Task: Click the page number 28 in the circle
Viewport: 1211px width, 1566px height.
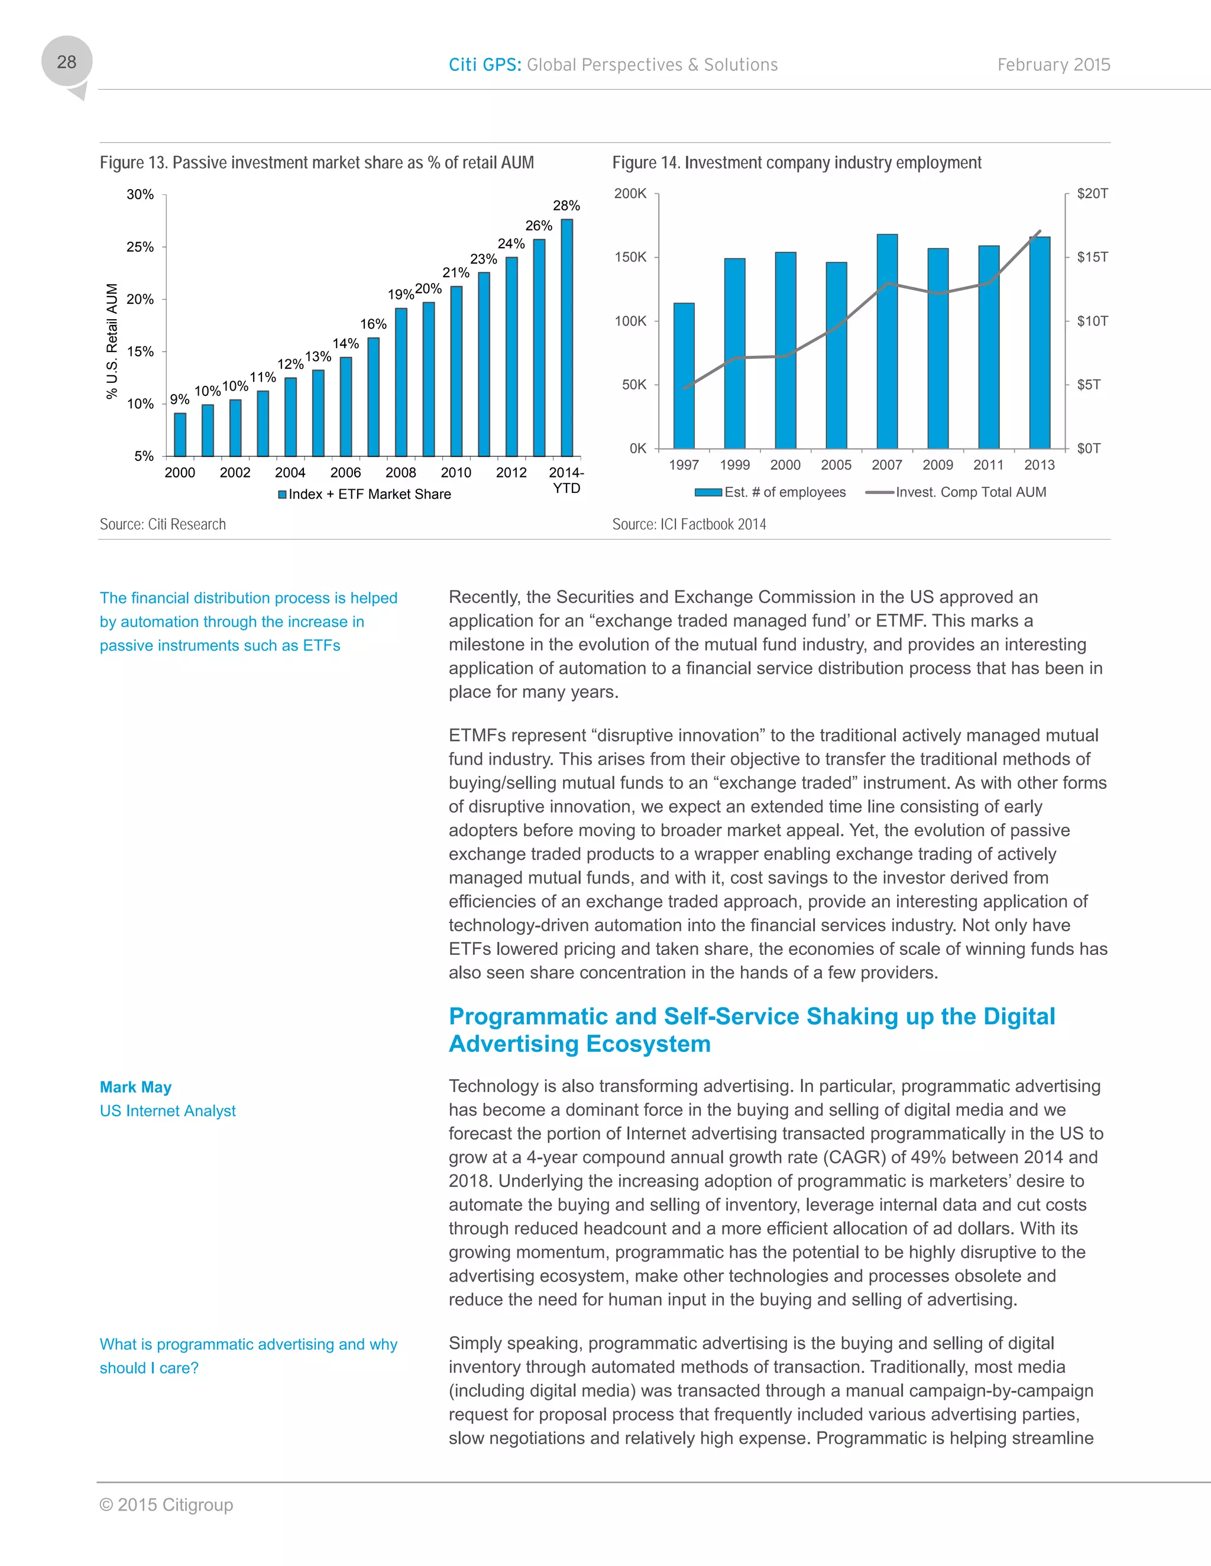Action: (67, 63)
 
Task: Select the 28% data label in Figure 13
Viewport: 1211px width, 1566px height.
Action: (566, 206)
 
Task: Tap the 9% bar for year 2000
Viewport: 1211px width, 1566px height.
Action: (180, 434)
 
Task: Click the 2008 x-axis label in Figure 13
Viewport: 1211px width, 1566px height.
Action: (400, 473)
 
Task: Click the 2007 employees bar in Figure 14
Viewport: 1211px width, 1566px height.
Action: (887, 342)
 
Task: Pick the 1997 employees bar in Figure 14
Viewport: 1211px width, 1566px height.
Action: (684, 376)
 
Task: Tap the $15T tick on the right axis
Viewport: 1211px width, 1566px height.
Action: (1092, 256)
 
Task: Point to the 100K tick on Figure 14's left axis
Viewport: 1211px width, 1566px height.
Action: (630, 321)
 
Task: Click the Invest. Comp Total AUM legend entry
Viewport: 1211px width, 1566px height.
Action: (956, 492)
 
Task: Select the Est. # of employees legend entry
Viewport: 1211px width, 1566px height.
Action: (771, 492)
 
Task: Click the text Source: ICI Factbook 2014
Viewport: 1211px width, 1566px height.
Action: (689, 524)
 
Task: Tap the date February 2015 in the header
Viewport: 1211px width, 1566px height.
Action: (1053, 65)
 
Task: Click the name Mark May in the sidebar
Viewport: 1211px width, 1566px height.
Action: (135, 1087)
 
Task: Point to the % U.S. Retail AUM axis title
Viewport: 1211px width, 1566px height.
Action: (112, 342)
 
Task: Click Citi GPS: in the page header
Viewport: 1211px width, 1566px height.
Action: (485, 65)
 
